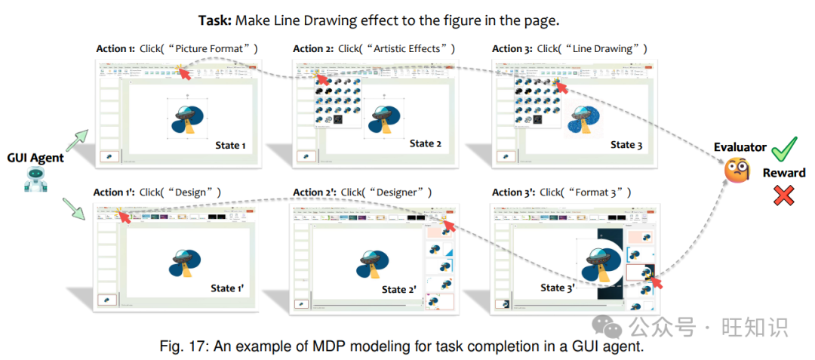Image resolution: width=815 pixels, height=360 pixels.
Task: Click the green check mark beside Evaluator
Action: click(786, 146)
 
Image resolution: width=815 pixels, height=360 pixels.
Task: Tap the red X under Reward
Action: click(784, 196)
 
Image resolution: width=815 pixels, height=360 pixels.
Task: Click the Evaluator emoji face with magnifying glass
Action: click(739, 171)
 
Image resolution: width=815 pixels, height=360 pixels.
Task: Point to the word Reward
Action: click(784, 173)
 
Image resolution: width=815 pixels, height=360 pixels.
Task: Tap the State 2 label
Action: click(426, 143)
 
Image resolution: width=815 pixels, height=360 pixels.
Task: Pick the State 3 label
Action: click(626, 144)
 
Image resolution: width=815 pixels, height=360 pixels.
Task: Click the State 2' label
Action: click(398, 289)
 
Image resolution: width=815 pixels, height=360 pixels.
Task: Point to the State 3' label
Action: click(558, 288)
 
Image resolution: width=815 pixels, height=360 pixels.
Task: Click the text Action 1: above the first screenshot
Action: click(115, 49)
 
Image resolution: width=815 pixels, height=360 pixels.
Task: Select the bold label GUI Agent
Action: click(36, 158)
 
